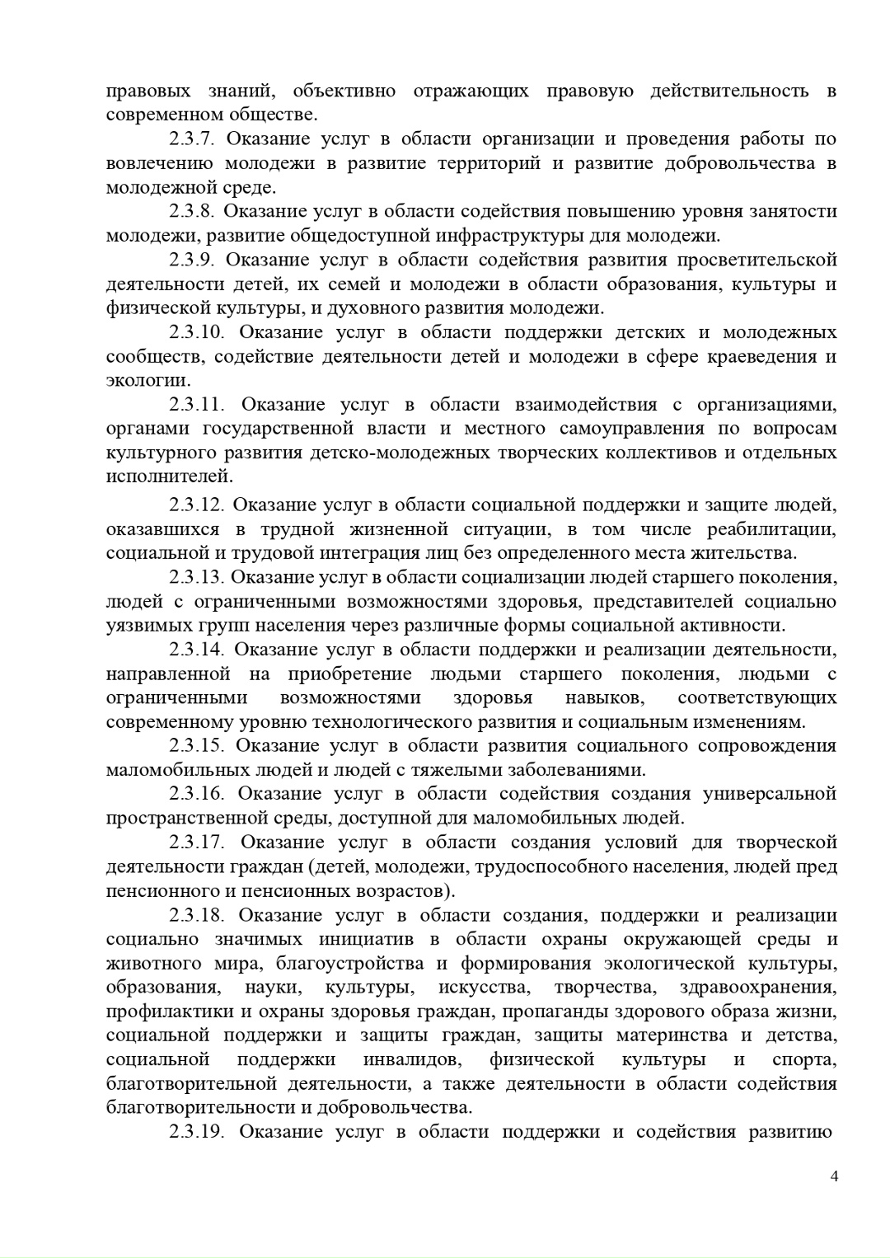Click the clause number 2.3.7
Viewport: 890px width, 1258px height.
click(192, 138)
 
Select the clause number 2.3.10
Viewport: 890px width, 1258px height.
click(197, 332)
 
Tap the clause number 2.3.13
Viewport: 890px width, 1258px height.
click(197, 577)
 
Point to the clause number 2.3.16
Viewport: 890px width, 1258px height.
click(197, 794)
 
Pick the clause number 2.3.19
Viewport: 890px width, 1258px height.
click(197, 1131)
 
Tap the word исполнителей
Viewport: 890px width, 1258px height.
click(170, 476)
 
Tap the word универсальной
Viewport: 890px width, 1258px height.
click(770, 794)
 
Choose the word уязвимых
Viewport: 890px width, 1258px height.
click(145, 625)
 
